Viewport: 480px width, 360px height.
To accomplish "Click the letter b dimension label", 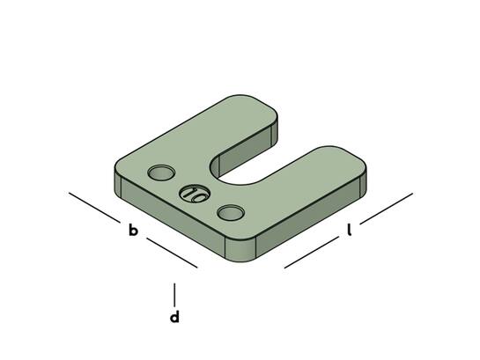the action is coord(133,231).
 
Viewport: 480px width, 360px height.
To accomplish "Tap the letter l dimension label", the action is coord(349,230).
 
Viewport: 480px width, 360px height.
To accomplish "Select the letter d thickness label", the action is coord(174,317).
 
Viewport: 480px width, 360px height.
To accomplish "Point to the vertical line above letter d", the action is coord(174,295).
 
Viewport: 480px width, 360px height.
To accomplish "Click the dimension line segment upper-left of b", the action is coord(94,208).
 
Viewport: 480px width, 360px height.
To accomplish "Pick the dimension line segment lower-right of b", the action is coord(172,253).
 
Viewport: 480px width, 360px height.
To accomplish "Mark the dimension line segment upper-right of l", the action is coord(387,209).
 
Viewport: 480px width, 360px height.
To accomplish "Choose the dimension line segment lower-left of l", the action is coord(311,252).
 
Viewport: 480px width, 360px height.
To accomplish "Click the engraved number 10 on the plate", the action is coord(195,195).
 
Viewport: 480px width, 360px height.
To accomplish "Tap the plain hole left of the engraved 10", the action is coord(161,173).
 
